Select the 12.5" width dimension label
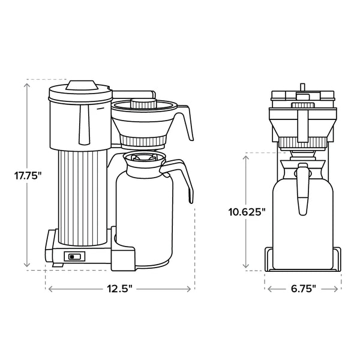point(119,289)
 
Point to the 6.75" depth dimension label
point(303,289)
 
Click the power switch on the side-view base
point(74,257)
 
